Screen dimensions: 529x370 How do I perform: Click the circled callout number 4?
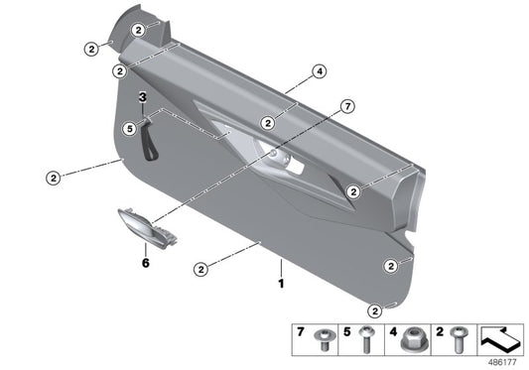coord(320,71)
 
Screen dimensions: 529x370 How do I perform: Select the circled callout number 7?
coord(347,106)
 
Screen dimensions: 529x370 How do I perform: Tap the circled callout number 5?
coord(130,129)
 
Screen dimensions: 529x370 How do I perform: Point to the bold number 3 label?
coord(143,97)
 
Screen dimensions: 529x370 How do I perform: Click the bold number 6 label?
coord(146,263)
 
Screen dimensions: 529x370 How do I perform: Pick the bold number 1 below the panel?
coord(281,284)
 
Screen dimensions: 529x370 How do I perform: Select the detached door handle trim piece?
coord(148,228)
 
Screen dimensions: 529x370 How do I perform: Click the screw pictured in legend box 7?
coord(325,339)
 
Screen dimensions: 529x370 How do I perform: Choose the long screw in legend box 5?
coord(366,338)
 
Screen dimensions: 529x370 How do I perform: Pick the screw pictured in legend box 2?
coord(459,339)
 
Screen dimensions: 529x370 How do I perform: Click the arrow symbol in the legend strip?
coord(500,339)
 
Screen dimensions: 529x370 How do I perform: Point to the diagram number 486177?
coord(502,362)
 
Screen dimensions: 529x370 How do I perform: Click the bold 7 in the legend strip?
coord(301,331)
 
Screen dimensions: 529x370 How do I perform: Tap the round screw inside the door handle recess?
coord(273,154)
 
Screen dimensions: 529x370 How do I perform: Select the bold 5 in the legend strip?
coord(346,331)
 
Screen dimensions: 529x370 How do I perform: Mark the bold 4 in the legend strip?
coord(393,331)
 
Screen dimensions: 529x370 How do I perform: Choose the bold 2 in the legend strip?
coord(440,331)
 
